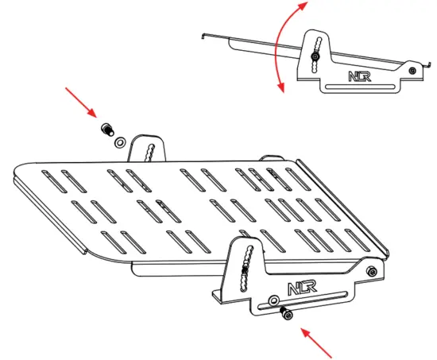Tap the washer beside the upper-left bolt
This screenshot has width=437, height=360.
[118, 142]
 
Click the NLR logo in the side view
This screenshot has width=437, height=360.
[358, 77]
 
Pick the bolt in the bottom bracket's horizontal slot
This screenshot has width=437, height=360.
[288, 315]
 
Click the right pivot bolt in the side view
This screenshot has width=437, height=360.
[411, 70]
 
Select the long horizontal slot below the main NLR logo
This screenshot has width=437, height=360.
[318, 300]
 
